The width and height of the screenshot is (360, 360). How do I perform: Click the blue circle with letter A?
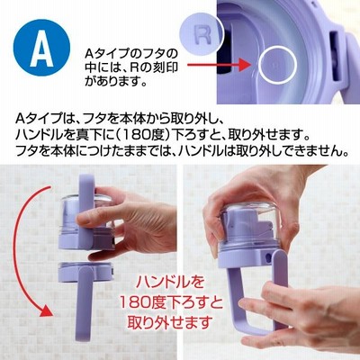[x=41, y=48]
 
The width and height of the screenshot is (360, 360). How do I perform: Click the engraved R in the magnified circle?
[x=203, y=33]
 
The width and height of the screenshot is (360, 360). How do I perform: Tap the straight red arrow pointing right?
[x=218, y=64]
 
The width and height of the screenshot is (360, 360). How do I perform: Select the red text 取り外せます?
[x=170, y=321]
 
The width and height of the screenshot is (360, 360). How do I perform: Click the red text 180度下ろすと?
[x=171, y=302]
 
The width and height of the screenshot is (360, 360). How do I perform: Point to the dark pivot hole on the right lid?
[x=268, y=257]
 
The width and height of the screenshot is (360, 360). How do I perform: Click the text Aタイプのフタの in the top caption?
[x=130, y=54]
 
